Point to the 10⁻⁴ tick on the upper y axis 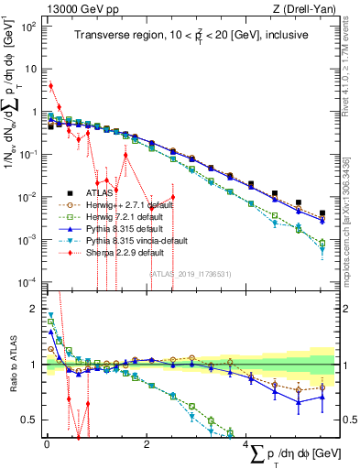27,281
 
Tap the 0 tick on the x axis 46,445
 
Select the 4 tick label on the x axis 248,445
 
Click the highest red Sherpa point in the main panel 50,86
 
